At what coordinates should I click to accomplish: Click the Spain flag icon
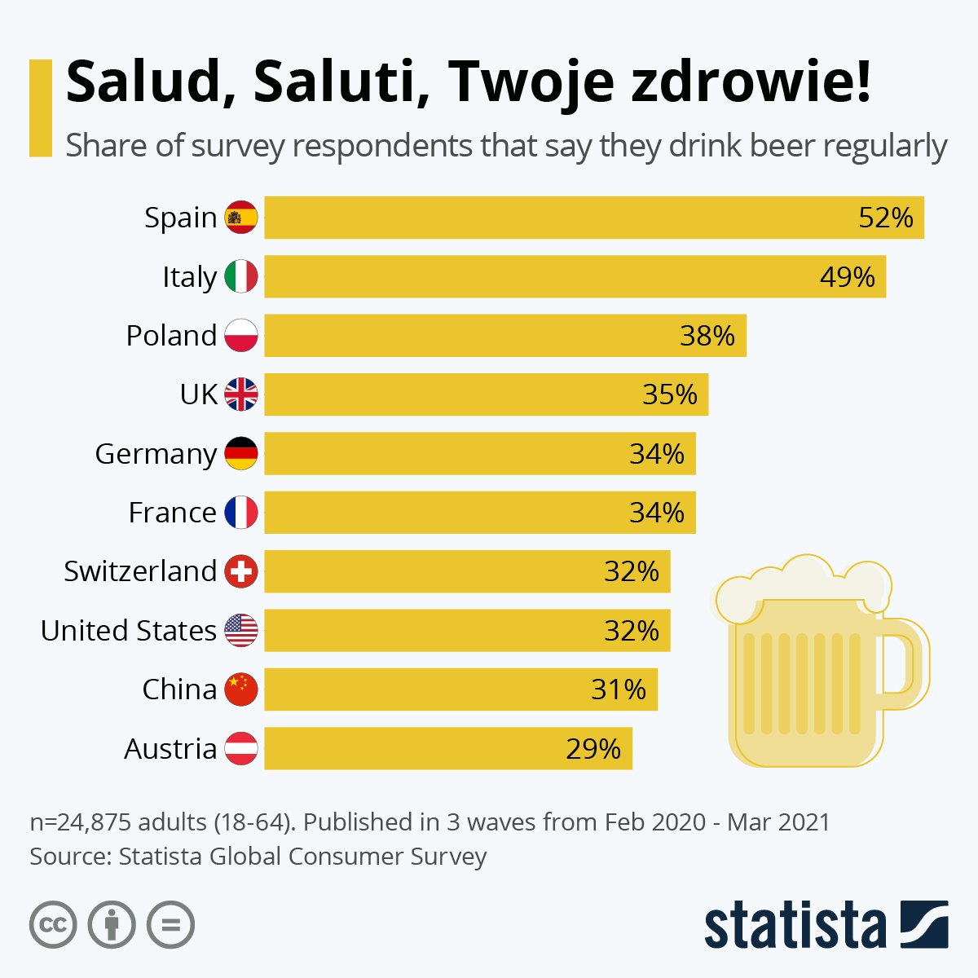tap(241, 218)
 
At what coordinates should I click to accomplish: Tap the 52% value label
tap(886, 218)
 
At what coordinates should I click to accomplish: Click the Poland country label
tap(171, 336)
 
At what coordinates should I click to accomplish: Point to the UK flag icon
tap(241, 394)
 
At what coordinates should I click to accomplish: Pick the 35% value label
tap(670, 394)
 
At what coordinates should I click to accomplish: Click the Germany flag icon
tap(241, 453)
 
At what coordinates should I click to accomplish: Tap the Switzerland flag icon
tap(241, 571)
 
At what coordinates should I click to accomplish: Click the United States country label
tap(129, 631)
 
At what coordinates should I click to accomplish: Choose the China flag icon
tap(241, 689)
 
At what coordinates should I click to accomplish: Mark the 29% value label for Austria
tap(593, 748)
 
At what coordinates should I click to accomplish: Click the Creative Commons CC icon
tap(53, 925)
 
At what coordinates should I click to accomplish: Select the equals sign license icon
tap(170, 925)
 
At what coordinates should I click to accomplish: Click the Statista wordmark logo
tap(795, 925)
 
